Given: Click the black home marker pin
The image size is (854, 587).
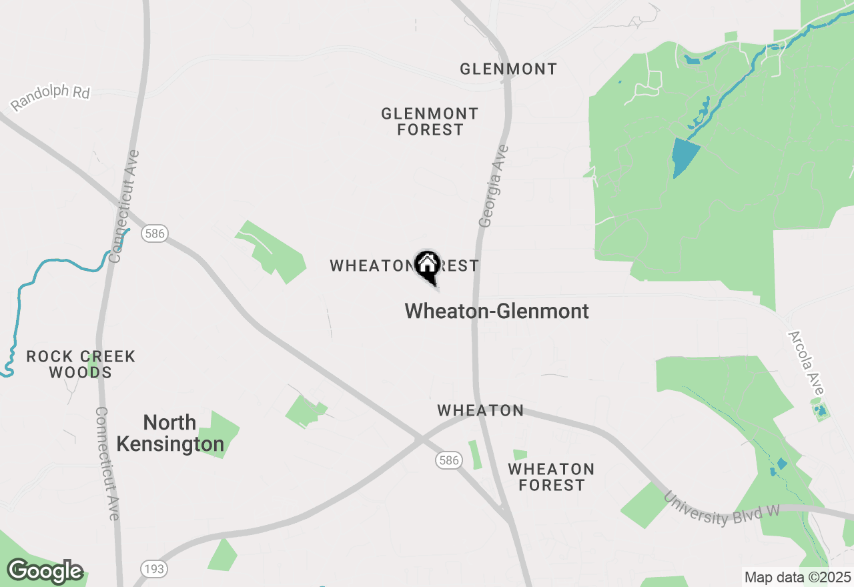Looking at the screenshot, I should [x=427, y=266].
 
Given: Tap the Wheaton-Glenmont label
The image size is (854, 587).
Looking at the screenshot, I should [x=496, y=311].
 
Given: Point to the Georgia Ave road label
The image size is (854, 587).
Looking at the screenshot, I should [x=494, y=186].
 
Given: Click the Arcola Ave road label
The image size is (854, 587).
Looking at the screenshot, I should [x=807, y=363].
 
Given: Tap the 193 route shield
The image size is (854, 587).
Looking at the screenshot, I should [x=154, y=569].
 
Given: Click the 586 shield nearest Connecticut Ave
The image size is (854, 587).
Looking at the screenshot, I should [x=154, y=233].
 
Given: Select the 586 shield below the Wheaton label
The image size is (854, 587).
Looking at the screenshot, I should [x=449, y=460].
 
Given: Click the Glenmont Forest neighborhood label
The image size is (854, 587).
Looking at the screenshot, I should [x=430, y=122].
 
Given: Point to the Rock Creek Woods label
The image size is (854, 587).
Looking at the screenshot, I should [x=81, y=364].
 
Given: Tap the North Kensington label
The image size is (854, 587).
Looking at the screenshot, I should [x=170, y=433].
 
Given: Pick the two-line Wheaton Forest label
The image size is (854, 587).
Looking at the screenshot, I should [x=551, y=477].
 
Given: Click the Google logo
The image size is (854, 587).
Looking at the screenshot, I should [x=45, y=572].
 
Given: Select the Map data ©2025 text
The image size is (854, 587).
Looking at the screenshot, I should [x=798, y=577].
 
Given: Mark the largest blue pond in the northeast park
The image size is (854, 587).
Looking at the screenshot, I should [x=685, y=157].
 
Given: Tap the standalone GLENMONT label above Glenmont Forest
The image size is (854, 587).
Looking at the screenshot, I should [x=508, y=69].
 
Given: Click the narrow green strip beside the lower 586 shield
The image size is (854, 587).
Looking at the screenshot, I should [x=474, y=454].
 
